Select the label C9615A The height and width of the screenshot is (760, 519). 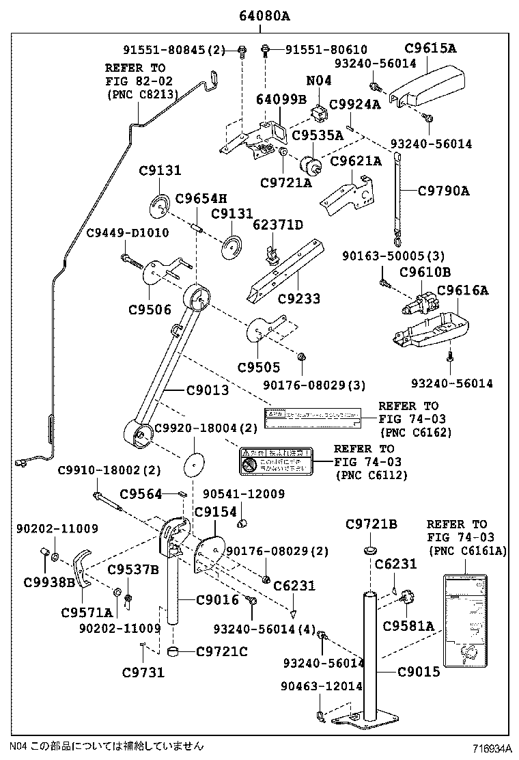pyautogui.click(x=430, y=48)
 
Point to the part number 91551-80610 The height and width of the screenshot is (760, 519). pyautogui.click(x=326, y=49)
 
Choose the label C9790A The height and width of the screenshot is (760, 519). pyautogui.click(x=443, y=191)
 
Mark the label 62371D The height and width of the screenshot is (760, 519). pyautogui.click(x=277, y=225)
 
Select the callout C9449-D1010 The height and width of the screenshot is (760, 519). pyautogui.click(x=127, y=233)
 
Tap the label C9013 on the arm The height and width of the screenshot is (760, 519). pyautogui.click(x=208, y=390)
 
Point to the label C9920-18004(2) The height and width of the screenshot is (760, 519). pyautogui.click(x=206, y=428)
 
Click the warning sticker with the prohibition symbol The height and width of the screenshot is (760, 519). pyautogui.click(x=274, y=461)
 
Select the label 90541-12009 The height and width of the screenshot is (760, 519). pyautogui.click(x=244, y=493)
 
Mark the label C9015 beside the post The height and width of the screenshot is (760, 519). pyautogui.click(x=418, y=672)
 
